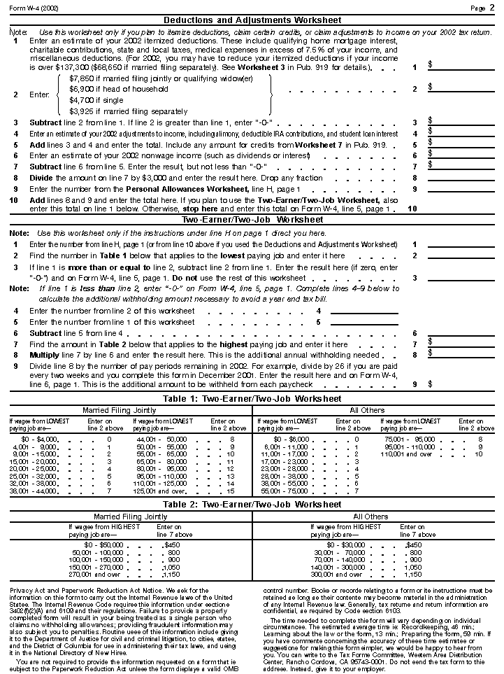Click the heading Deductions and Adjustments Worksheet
[252, 20]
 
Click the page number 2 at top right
[492, 8]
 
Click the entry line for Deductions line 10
[461, 209]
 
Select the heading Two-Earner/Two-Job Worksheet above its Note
[252, 220]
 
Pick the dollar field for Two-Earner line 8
[461, 356]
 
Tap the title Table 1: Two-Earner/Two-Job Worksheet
[252, 398]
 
